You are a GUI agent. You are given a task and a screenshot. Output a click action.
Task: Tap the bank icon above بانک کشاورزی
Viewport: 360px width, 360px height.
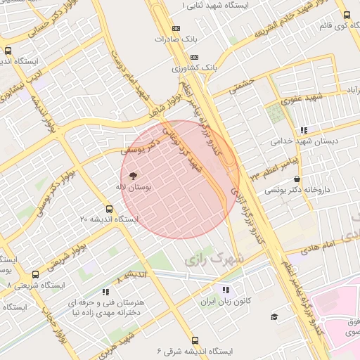[x=195, y=57]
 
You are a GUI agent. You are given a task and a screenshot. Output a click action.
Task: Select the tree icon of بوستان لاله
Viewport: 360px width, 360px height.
[x=133, y=175]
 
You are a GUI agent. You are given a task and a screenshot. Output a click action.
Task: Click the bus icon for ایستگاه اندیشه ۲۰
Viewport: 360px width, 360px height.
[x=108, y=208]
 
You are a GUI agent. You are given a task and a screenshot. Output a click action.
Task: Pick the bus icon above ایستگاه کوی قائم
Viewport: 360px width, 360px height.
[x=347, y=15]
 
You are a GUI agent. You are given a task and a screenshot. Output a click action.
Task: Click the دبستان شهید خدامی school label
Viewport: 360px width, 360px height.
[x=305, y=141]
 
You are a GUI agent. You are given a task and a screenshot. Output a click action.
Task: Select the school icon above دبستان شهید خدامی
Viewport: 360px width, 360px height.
[x=304, y=130]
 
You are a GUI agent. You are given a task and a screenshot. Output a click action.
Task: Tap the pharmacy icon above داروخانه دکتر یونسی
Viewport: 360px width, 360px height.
[x=297, y=179]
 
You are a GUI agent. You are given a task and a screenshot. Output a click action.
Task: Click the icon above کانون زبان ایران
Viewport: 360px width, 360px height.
[x=225, y=290]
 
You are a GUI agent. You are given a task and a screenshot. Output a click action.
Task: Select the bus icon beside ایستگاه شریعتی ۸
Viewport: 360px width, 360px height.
[x=36, y=275]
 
